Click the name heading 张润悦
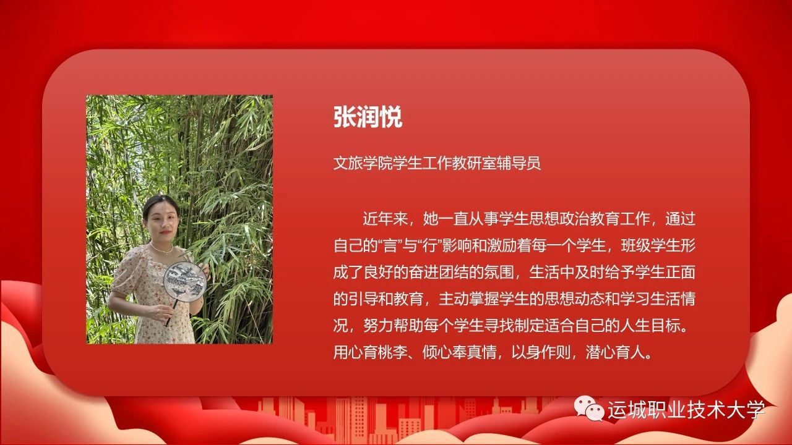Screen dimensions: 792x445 coord(368,117)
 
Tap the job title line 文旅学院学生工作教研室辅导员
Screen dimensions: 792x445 coord(437,163)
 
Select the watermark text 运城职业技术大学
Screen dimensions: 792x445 coord(686,410)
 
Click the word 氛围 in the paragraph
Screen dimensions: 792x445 coord(499,273)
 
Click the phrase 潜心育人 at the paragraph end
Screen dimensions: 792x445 coord(615,352)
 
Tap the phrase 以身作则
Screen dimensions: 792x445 coord(541,352)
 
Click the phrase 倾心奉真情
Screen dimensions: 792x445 coord(460,352)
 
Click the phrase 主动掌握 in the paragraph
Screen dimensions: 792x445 coord(468,299)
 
